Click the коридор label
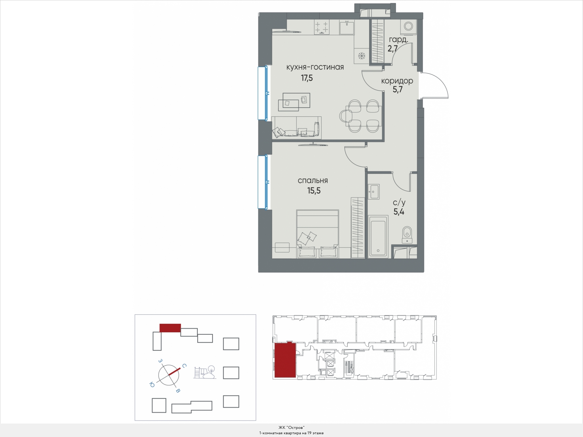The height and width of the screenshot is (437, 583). point(397,81)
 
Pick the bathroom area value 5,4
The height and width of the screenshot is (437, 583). point(399,212)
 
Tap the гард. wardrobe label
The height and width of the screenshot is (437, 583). point(398,40)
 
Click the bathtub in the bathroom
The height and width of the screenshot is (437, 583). point(378,237)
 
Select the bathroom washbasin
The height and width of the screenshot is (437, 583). point(374,192)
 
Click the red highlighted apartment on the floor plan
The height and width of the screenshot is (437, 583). point(285,360)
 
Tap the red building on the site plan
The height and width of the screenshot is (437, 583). point(170,328)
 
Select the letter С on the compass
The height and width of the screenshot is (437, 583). point(184,366)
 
